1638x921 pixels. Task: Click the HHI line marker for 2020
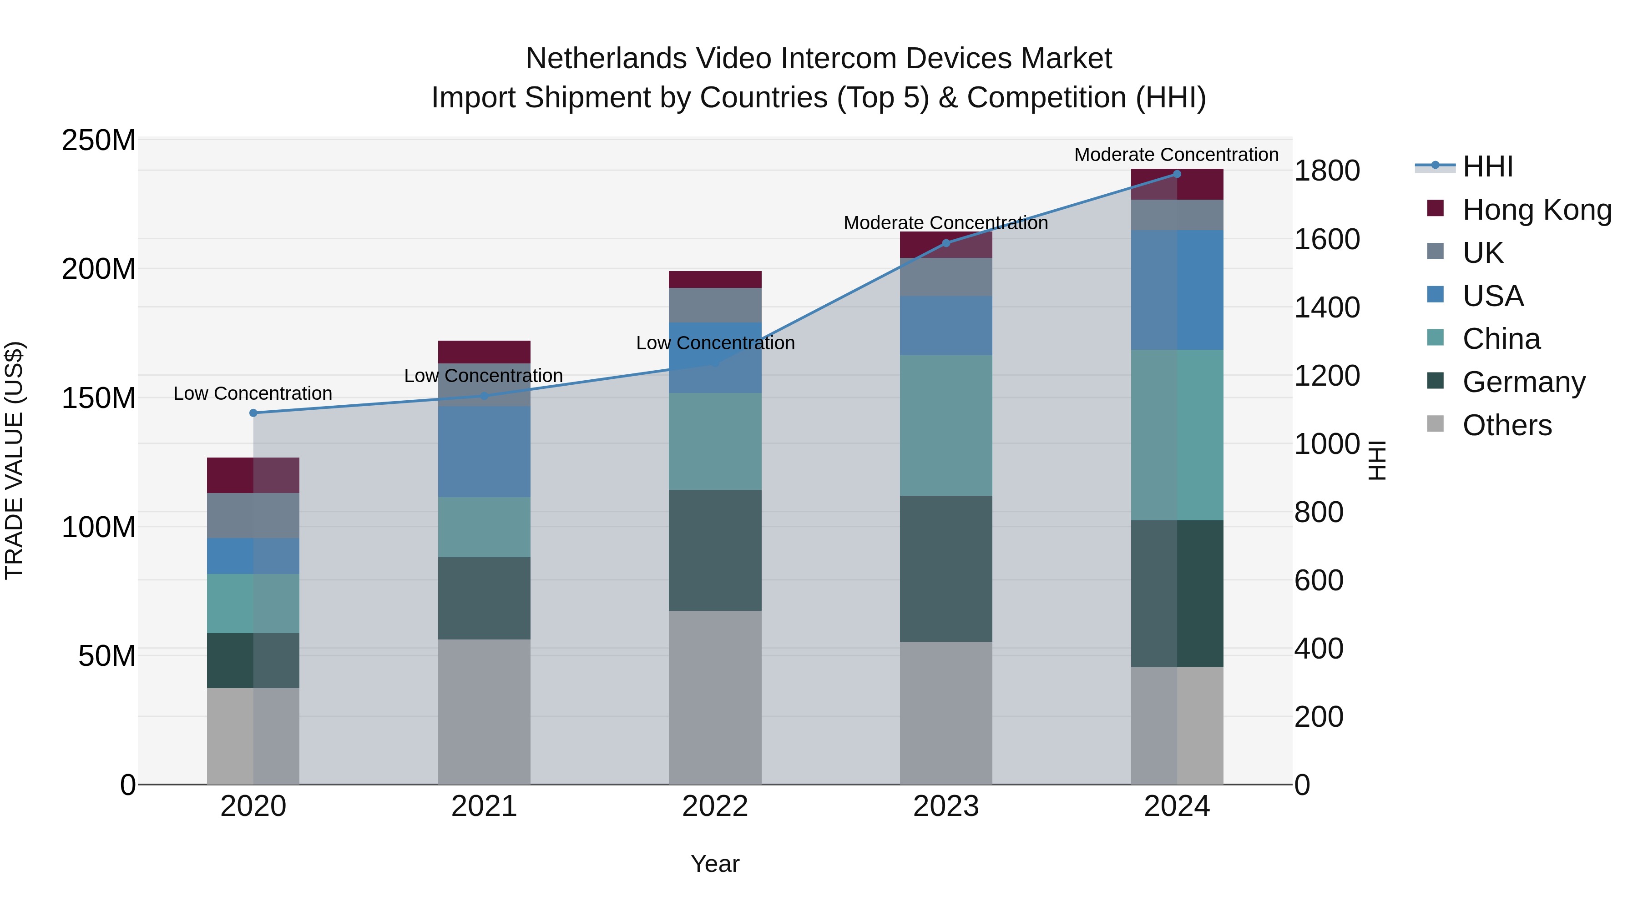coord(253,413)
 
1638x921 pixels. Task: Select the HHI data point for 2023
coord(945,243)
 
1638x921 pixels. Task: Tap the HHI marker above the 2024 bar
coord(1176,174)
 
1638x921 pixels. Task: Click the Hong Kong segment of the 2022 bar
coord(715,280)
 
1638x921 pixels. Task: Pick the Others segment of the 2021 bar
coord(484,712)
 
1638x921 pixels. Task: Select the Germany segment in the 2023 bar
coord(945,569)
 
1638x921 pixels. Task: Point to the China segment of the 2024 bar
coord(1176,435)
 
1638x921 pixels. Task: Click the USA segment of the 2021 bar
coord(484,451)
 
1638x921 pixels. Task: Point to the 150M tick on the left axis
coord(99,398)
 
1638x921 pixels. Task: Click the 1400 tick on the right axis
coord(1327,307)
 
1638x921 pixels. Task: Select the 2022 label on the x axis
coord(715,806)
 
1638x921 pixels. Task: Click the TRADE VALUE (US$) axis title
coord(15,460)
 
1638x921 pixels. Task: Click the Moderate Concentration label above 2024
coord(1176,155)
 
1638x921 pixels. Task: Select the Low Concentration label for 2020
coord(253,393)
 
